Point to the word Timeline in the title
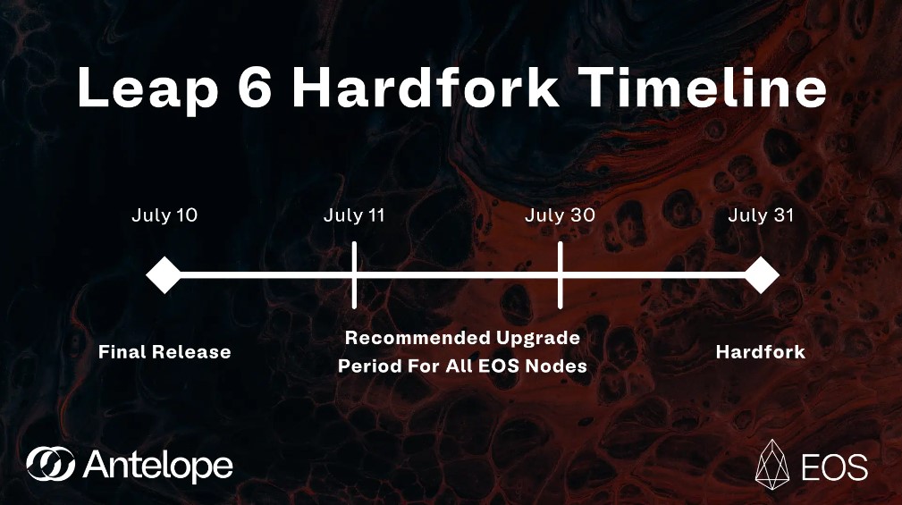click(x=699, y=88)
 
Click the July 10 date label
click(x=164, y=215)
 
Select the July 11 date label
click(x=354, y=215)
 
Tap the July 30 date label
click(x=560, y=215)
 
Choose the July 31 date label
click(x=761, y=215)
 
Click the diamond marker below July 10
click(x=164, y=274)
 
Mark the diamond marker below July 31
click(x=762, y=274)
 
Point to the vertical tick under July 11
click(x=355, y=274)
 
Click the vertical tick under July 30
click(x=561, y=274)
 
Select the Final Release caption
click(x=164, y=352)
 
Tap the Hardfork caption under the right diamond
click(x=761, y=352)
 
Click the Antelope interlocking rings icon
click(x=51, y=464)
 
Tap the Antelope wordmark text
click(x=157, y=465)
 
